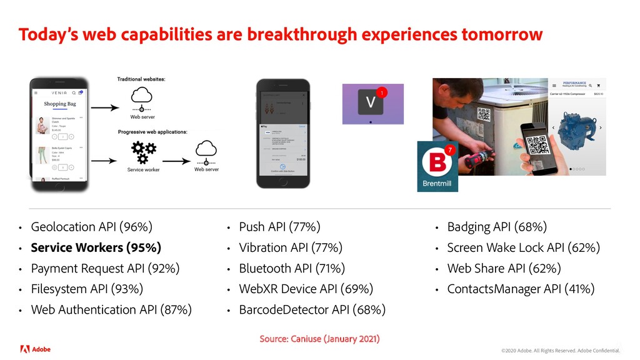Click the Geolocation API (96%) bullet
point(91,227)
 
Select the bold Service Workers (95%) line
point(96,247)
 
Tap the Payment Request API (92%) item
point(105,268)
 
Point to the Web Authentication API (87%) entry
point(111,309)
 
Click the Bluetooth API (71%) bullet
point(292,268)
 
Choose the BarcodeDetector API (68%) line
point(312,309)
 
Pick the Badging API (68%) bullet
point(497,227)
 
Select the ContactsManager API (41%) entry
point(521,289)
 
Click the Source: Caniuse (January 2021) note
point(319,339)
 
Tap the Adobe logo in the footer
point(35,349)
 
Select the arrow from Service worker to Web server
point(175,161)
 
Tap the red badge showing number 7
point(448,149)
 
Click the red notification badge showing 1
point(383,92)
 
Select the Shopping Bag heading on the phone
point(59,104)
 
